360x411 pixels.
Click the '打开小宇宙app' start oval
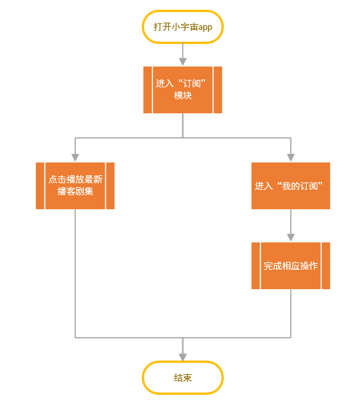[x=182, y=27]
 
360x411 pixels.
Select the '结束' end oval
[x=182, y=378]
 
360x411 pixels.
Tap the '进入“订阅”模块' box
[x=182, y=90]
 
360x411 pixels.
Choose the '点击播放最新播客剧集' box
[x=75, y=186]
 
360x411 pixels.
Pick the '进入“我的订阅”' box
[x=291, y=186]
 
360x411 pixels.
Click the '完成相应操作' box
[x=291, y=266]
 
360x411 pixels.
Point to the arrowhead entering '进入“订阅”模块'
[x=182, y=61]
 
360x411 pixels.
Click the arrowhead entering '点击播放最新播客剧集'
[x=75, y=157]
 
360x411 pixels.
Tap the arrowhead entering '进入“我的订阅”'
[x=291, y=157]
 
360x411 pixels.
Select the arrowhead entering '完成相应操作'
[x=291, y=238]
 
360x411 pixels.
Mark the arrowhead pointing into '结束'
[x=182, y=357]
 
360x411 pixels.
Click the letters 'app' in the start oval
[x=205, y=27]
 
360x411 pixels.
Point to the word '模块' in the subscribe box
[x=183, y=95]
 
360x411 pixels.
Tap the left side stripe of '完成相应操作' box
[x=256, y=266]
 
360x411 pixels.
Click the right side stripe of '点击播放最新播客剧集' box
[x=110, y=186]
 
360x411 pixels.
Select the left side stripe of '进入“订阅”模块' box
[x=148, y=90]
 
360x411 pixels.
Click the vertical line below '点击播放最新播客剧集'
[x=75, y=273]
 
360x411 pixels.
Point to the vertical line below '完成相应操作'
[x=291, y=314]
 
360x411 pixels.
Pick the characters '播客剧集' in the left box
[x=75, y=191]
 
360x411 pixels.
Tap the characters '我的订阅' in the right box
[x=300, y=186]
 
